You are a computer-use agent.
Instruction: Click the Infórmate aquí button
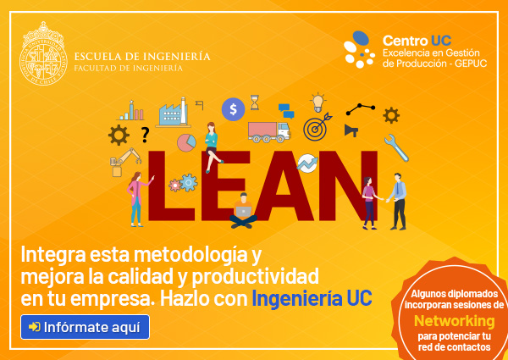click(x=85, y=327)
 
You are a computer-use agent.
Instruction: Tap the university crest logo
click(x=43, y=53)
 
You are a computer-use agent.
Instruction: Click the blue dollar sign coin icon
click(x=234, y=109)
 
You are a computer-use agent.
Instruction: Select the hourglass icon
click(x=255, y=102)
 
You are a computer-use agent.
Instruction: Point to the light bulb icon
click(x=317, y=102)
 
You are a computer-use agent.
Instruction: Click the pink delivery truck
click(x=268, y=132)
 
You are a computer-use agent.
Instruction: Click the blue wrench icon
click(x=396, y=147)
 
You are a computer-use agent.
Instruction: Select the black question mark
click(x=145, y=135)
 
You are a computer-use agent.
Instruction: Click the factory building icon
click(x=174, y=112)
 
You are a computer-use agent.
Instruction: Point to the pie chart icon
click(x=186, y=142)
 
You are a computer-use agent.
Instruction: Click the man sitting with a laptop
click(x=243, y=210)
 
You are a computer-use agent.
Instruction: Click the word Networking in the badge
click(x=454, y=321)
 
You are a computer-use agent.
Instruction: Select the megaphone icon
click(x=351, y=130)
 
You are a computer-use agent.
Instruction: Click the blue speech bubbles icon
click(x=286, y=111)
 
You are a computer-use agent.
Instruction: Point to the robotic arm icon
click(x=125, y=162)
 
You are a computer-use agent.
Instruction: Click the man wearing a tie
click(x=397, y=202)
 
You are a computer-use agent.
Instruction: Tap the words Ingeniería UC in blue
click(x=312, y=298)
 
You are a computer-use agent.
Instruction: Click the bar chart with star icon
click(x=131, y=110)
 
